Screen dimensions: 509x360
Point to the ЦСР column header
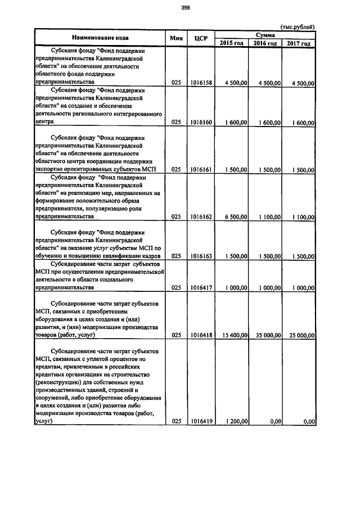pyautogui.click(x=200, y=38)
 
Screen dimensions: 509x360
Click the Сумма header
pyautogui.click(x=265, y=34)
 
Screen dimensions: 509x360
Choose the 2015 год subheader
pyautogui.click(x=232, y=43)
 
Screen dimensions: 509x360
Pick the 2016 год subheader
pyautogui.click(x=265, y=43)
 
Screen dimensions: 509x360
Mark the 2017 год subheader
pyautogui.click(x=298, y=43)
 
